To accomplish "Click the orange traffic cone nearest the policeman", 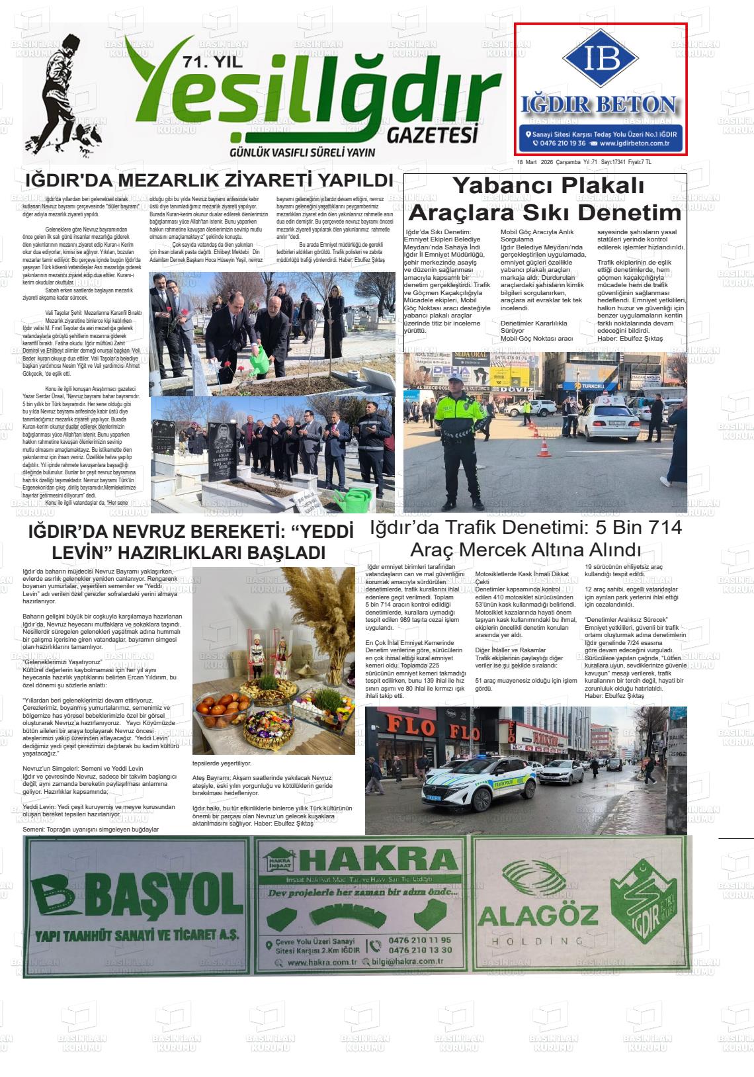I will click(544, 448).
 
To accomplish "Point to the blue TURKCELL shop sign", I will click(599, 386).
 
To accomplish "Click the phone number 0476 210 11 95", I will click(420, 939).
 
